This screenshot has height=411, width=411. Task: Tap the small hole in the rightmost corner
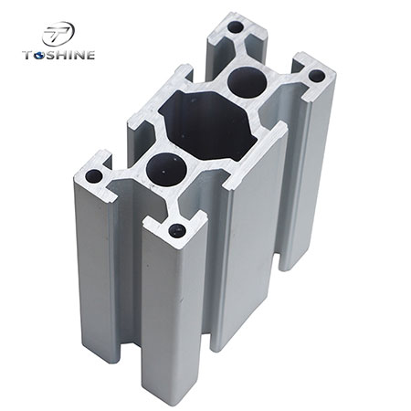[x=317, y=77]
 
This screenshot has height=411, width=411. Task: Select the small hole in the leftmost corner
[x=94, y=174]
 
